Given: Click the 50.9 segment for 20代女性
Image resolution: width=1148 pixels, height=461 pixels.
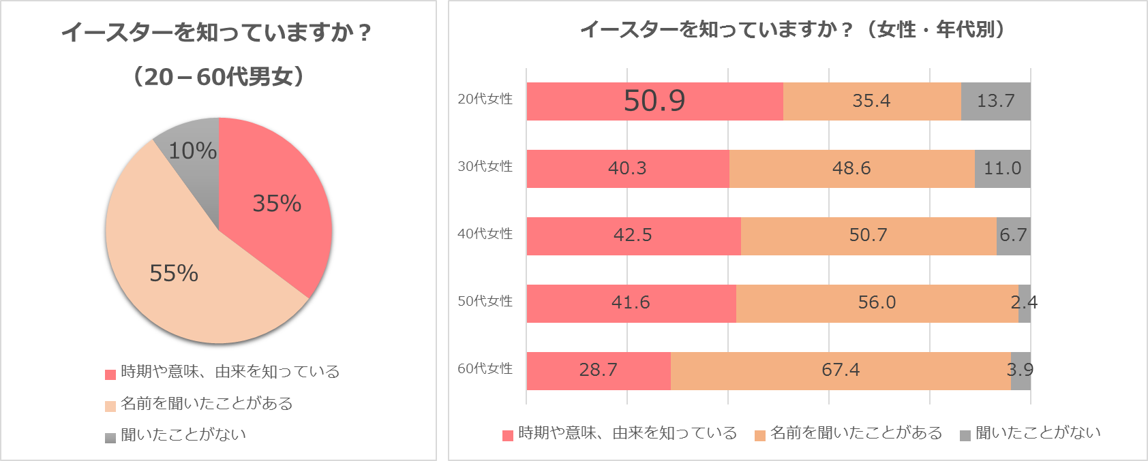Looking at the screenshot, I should (654, 101).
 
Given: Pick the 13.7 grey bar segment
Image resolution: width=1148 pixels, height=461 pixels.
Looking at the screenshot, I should (995, 101).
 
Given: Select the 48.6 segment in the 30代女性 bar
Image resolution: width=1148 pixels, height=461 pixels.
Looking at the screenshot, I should (851, 168).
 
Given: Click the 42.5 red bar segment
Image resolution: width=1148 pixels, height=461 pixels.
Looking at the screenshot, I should (633, 236).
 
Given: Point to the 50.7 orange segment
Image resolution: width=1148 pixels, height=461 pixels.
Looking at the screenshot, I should (868, 236).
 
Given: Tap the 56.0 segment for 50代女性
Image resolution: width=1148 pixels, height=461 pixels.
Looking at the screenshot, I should (877, 303).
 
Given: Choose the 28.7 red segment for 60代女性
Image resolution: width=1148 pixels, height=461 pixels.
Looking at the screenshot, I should (598, 370).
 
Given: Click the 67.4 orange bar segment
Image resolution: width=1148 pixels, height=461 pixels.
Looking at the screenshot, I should (841, 370).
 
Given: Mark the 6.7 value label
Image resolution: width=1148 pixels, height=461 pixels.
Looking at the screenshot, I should (1013, 236).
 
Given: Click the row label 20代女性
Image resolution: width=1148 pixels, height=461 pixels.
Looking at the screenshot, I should (485, 99).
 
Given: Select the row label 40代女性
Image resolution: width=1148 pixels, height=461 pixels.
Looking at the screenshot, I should (485, 234).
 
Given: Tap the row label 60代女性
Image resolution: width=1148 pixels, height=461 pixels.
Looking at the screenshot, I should (485, 369).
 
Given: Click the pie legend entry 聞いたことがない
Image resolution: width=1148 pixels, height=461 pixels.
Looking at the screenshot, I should (183, 435).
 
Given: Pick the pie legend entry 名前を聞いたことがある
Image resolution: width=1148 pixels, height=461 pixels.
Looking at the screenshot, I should (206, 404).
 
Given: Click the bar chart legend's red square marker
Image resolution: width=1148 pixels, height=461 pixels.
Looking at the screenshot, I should (508, 435).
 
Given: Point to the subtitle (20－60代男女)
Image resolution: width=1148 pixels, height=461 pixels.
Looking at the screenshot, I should (218, 76).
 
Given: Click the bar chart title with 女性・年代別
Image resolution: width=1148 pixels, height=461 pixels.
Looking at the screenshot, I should (794, 29).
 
